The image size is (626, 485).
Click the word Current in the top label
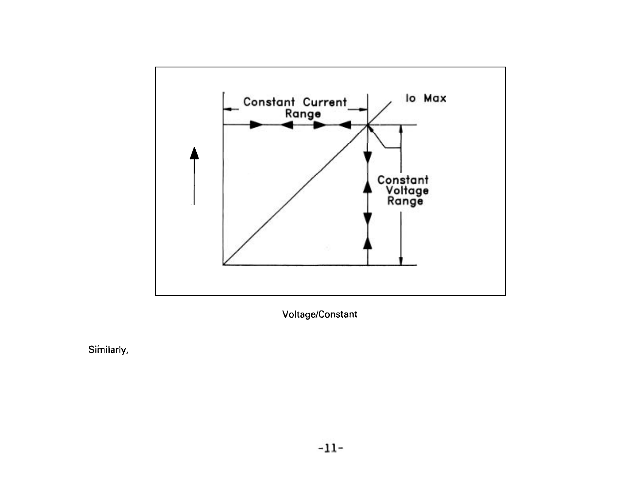tap(325, 102)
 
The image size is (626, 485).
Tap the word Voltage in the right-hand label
tap(407, 190)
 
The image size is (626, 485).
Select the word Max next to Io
tap(435, 98)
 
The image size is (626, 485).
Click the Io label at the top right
tap(411, 98)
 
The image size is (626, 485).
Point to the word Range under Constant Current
tap(303, 114)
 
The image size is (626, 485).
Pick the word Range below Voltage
tap(405, 201)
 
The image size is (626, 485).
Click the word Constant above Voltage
tap(403, 180)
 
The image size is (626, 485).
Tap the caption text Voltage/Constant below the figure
tap(320, 314)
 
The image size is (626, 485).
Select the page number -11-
tap(330, 449)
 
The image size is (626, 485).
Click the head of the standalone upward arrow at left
tap(194, 153)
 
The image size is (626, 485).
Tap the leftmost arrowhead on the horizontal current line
tap(256, 125)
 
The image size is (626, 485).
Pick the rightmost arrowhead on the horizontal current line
tap(344, 125)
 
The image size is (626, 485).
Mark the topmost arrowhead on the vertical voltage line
tap(368, 157)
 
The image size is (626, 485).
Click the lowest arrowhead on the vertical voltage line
tap(368, 243)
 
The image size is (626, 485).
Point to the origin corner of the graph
tap(223, 265)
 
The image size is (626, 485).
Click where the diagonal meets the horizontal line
tap(368, 125)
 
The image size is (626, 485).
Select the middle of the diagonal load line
tap(295, 195)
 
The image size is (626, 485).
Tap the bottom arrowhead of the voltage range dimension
tap(401, 261)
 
